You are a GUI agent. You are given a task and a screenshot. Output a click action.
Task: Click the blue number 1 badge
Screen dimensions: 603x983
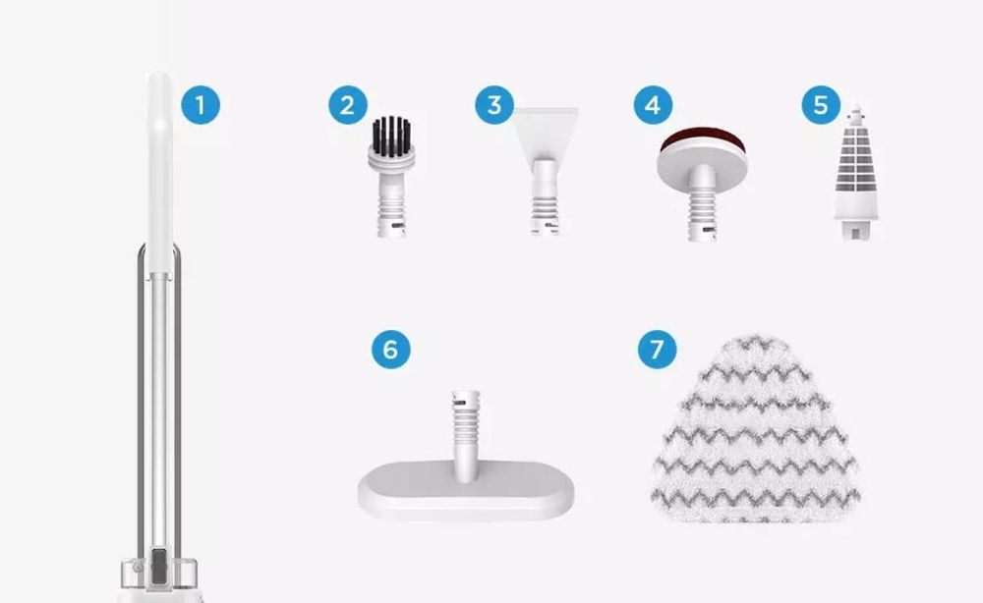pyautogui.click(x=201, y=105)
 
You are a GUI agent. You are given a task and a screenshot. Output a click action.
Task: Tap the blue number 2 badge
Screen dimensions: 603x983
pyautogui.click(x=347, y=105)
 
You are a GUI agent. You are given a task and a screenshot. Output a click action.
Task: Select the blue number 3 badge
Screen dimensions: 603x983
pyautogui.click(x=494, y=105)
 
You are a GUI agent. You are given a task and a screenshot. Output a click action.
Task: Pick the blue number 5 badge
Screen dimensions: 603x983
pyautogui.click(x=821, y=105)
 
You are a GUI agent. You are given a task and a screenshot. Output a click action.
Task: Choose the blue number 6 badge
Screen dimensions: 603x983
pyautogui.click(x=390, y=351)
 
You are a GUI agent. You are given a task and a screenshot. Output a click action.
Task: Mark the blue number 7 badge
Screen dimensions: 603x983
pyautogui.click(x=657, y=351)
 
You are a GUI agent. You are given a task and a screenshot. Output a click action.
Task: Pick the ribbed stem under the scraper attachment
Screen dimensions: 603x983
pyautogui.click(x=544, y=200)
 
